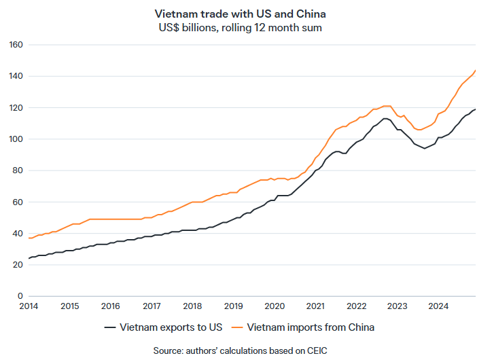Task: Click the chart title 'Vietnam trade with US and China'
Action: click(x=245, y=13)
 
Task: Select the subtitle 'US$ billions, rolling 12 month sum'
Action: click(x=245, y=27)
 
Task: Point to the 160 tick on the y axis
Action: click(x=17, y=45)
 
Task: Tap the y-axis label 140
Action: click(x=17, y=76)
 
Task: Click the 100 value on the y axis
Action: click(x=17, y=139)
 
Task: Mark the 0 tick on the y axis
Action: click(x=21, y=296)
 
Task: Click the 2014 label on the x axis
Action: click(x=29, y=306)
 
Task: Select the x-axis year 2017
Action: click(x=152, y=306)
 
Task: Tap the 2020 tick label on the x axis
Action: click(x=275, y=306)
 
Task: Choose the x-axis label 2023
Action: click(x=398, y=306)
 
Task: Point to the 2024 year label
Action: click(x=438, y=306)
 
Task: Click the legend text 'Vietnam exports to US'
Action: click(x=171, y=327)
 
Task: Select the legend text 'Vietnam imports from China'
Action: click(x=311, y=327)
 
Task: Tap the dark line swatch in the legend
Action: click(x=111, y=327)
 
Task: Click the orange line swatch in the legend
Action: click(x=238, y=327)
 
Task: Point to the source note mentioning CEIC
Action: click(x=245, y=350)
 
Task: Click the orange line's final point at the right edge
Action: click(x=476, y=70)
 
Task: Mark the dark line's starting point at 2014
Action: click(x=29, y=259)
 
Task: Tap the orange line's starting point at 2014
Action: click(x=29, y=238)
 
